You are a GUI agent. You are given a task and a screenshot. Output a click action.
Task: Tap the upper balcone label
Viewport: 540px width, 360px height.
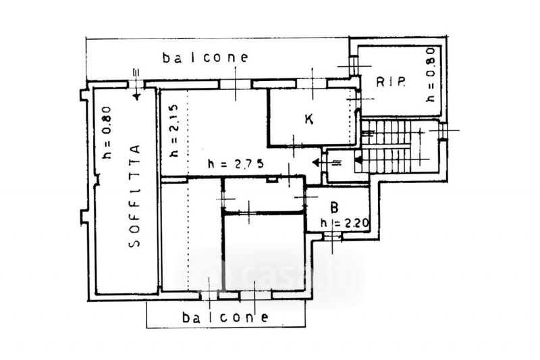click(205, 57)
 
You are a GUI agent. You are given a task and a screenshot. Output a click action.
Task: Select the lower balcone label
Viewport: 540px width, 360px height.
click(225, 317)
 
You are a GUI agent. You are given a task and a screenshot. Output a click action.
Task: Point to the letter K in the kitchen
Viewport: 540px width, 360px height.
click(309, 119)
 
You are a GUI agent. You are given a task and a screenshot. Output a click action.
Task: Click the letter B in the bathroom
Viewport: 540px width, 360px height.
click(333, 207)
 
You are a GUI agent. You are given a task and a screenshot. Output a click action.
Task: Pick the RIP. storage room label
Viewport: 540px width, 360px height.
click(391, 82)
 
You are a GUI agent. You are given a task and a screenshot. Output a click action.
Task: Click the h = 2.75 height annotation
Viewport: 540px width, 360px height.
click(236, 163)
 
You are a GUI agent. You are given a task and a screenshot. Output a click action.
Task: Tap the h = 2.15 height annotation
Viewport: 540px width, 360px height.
click(175, 130)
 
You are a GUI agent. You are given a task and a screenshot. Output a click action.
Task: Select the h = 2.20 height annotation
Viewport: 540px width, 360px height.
click(344, 223)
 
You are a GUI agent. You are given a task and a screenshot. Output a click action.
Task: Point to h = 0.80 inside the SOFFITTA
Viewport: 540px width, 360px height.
click(107, 132)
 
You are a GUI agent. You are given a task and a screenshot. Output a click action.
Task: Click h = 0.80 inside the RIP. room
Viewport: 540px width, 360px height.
click(430, 74)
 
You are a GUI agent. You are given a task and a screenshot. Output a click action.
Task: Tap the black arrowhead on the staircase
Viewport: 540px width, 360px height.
click(358, 160)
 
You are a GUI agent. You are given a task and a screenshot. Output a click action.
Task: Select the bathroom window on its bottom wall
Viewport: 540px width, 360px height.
click(332, 236)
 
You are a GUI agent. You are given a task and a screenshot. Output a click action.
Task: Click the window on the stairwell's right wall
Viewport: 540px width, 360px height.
click(443, 130)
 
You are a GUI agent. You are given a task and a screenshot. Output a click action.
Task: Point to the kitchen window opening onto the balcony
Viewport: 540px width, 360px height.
click(312, 83)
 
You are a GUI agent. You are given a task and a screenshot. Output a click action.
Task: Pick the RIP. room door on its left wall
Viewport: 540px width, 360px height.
click(353, 66)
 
